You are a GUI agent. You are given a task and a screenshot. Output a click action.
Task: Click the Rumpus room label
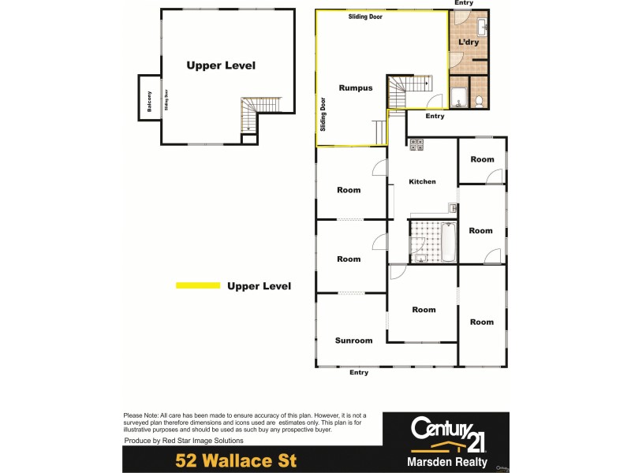(x=355, y=88)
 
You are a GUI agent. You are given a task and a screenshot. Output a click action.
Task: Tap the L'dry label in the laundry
(x=469, y=43)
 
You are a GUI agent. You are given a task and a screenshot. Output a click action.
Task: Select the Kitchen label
(x=422, y=181)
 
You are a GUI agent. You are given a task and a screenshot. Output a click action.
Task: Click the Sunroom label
(x=353, y=341)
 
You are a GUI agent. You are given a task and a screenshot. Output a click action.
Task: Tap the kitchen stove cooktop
(x=416, y=144)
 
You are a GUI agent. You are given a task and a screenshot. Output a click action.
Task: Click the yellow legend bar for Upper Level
(x=197, y=285)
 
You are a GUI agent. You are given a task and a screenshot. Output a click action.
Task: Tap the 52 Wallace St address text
(x=236, y=460)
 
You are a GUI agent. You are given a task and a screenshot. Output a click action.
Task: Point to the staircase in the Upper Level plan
(x=259, y=114)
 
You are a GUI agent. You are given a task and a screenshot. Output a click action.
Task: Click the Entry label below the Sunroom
(x=359, y=373)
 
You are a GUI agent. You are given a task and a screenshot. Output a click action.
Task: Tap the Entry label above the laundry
(x=464, y=3)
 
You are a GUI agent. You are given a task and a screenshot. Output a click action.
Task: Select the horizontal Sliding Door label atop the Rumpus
(x=365, y=16)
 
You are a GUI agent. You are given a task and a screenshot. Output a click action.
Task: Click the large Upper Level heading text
(x=221, y=65)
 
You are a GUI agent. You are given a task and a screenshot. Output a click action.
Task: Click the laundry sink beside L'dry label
(x=482, y=30)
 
